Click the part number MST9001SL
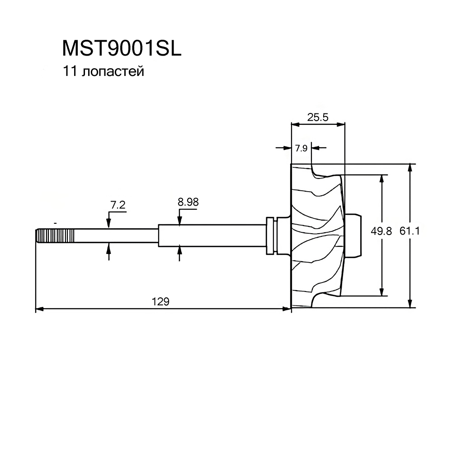pyautogui.click(x=122, y=48)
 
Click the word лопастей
pyautogui.click(x=113, y=72)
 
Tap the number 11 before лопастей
pyautogui.click(x=70, y=71)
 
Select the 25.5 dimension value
pyautogui.click(x=318, y=118)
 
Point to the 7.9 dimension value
pyautogui.click(x=301, y=148)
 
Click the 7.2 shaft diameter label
pyautogui.click(x=118, y=205)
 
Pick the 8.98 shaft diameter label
pyautogui.click(x=188, y=202)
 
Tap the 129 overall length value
pyautogui.click(x=160, y=301)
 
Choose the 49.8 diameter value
pyautogui.click(x=381, y=231)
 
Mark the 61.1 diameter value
pyautogui.click(x=410, y=231)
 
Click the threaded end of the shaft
pyautogui.click(x=55, y=235)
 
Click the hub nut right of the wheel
pyautogui.click(x=353, y=235)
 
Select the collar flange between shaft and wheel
pyautogui.click(x=270, y=235)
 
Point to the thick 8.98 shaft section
pyautogui.click(x=212, y=235)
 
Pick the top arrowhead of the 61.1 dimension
pyautogui.click(x=410, y=168)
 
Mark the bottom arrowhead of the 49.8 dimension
pyautogui.click(x=381, y=292)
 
